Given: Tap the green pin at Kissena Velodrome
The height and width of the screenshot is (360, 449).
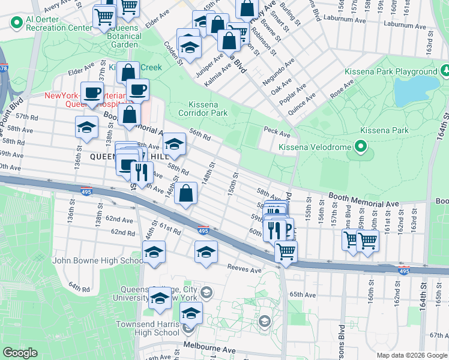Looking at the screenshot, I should (360, 146).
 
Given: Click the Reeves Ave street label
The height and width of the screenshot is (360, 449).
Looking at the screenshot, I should (244, 270).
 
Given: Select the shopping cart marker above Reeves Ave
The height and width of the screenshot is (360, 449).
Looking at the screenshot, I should (286, 250).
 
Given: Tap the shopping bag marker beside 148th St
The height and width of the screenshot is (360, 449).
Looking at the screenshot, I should (187, 193).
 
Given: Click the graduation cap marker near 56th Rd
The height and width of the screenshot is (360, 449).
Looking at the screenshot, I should (175, 144).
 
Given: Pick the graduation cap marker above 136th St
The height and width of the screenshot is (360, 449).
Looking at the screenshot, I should (86, 127).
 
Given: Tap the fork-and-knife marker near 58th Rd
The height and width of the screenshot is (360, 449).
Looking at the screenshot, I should (142, 172).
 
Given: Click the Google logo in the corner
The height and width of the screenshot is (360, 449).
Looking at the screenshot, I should (20, 353).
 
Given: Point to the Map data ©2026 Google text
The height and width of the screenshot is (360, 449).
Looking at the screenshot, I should (411, 355).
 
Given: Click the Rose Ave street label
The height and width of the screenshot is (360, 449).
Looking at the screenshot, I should (342, 89).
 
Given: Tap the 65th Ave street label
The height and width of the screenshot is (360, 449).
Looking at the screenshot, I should (303, 295).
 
